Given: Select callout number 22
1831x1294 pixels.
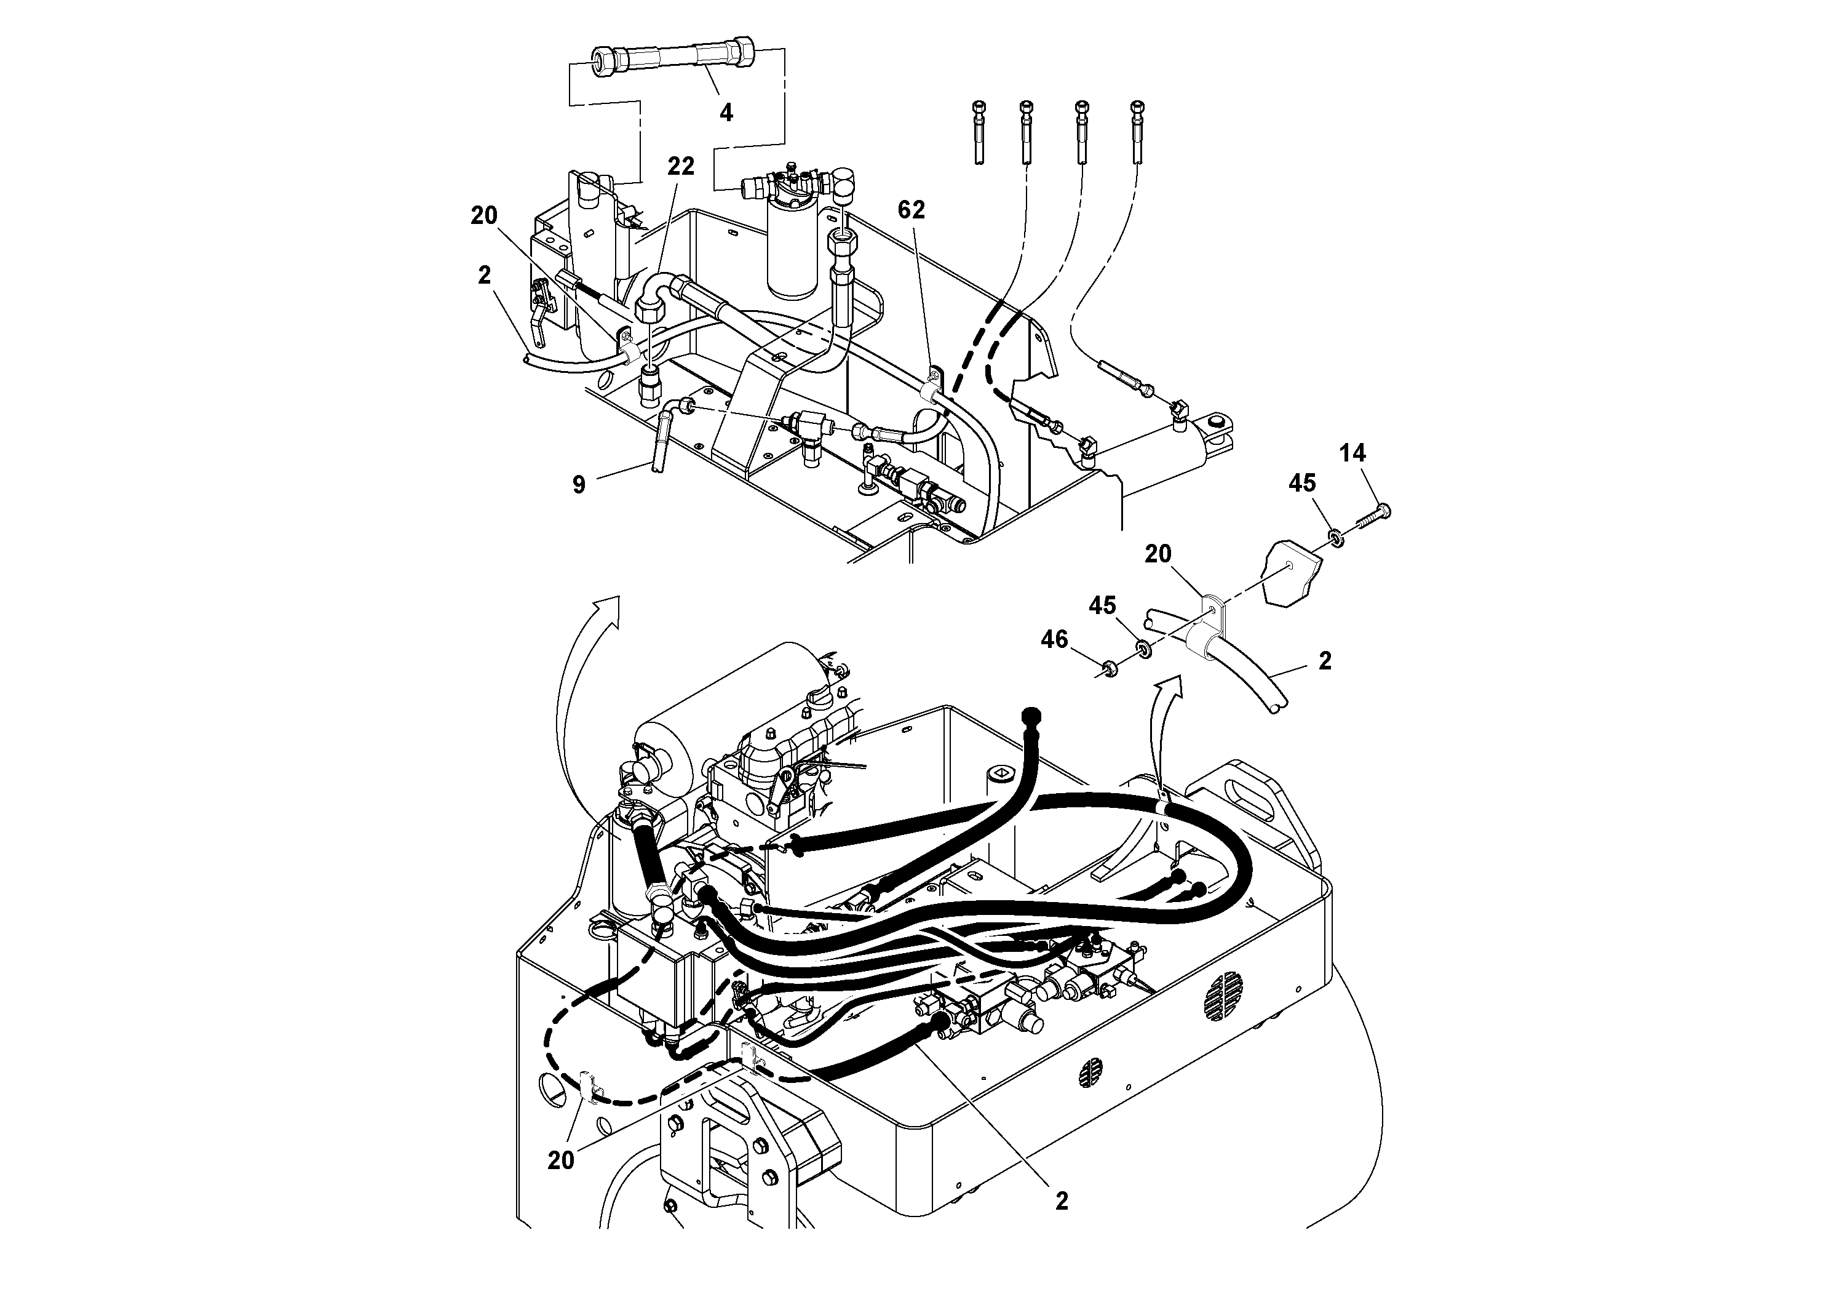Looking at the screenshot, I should click(680, 167).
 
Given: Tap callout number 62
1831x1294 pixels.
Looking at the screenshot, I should click(911, 210).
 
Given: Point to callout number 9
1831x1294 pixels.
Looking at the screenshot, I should click(579, 484).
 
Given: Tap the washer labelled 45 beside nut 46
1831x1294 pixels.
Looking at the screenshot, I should click(1143, 647).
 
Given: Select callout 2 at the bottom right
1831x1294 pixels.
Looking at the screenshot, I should click(1062, 1223).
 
